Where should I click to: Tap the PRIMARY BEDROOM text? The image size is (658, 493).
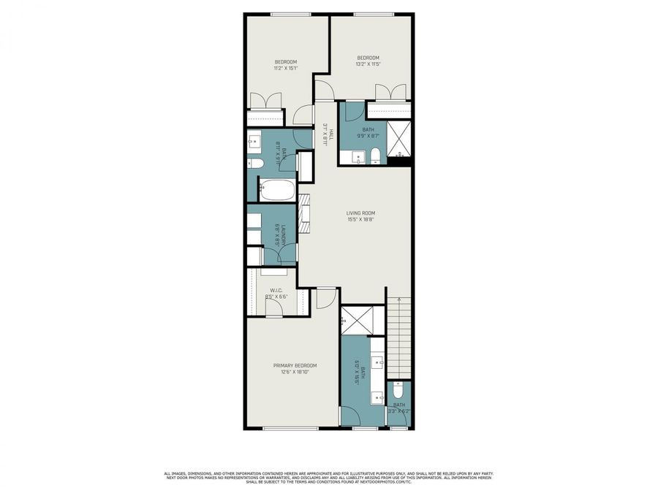[x=295, y=365]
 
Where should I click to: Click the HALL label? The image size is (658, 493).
[x=330, y=134]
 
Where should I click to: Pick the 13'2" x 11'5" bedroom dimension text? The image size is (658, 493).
[x=368, y=64]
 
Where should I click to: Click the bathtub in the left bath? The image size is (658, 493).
[x=278, y=191]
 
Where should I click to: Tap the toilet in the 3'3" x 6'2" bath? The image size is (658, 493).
[x=398, y=389]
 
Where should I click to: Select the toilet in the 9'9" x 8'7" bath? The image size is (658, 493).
[x=374, y=155]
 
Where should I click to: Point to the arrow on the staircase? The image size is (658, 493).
[x=398, y=299]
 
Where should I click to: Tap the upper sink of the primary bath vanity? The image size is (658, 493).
[x=378, y=362]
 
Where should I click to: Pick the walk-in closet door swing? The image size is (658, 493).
[x=274, y=308]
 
